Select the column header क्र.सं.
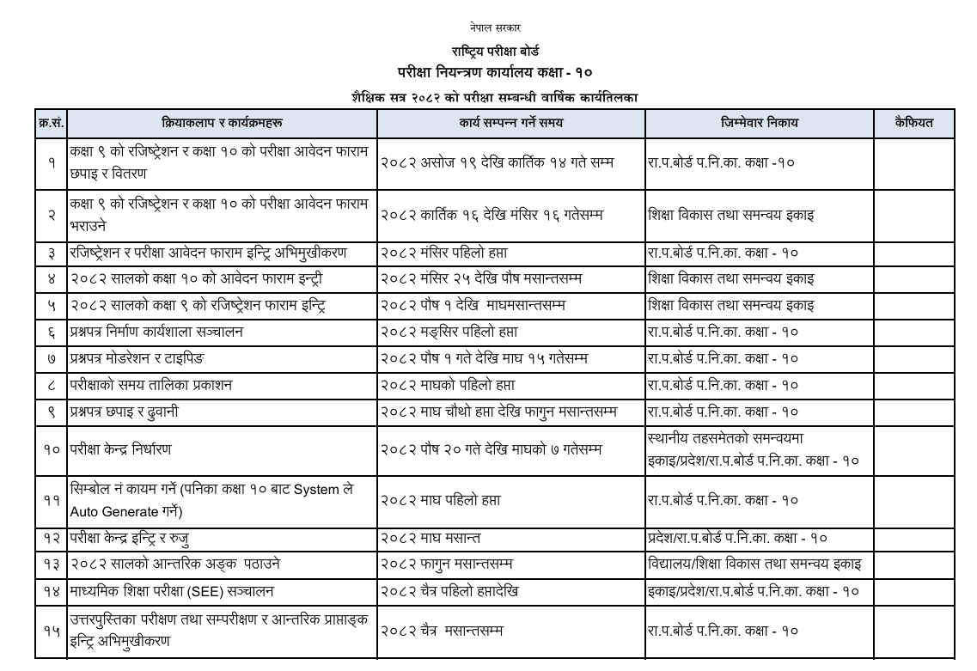click(x=51, y=123)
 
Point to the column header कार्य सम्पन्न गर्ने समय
click(x=511, y=123)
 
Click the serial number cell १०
click(x=51, y=449)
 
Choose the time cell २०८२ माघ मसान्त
click(x=430, y=539)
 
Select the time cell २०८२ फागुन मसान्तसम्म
click(x=446, y=564)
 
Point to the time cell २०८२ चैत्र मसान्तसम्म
click(x=441, y=631)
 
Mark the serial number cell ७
click(x=51, y=358)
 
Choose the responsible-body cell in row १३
click(x=755, y=564)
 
